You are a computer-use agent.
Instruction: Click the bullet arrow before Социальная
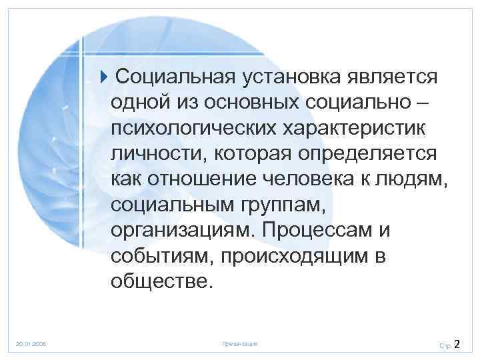(108, 75)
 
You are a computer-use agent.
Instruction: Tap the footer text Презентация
(239, 344)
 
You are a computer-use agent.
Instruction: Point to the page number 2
(457, 344)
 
